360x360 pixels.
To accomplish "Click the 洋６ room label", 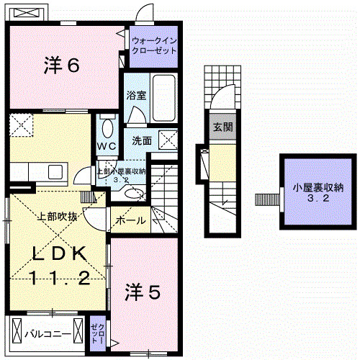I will pos(60,66).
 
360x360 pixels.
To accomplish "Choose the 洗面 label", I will pos(142,140).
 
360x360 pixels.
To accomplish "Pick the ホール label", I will pos(130,220).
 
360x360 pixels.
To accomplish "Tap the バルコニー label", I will pos(48,334).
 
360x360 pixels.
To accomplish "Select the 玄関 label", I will pos(222,127).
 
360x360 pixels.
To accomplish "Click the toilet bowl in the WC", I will pos(107,127).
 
